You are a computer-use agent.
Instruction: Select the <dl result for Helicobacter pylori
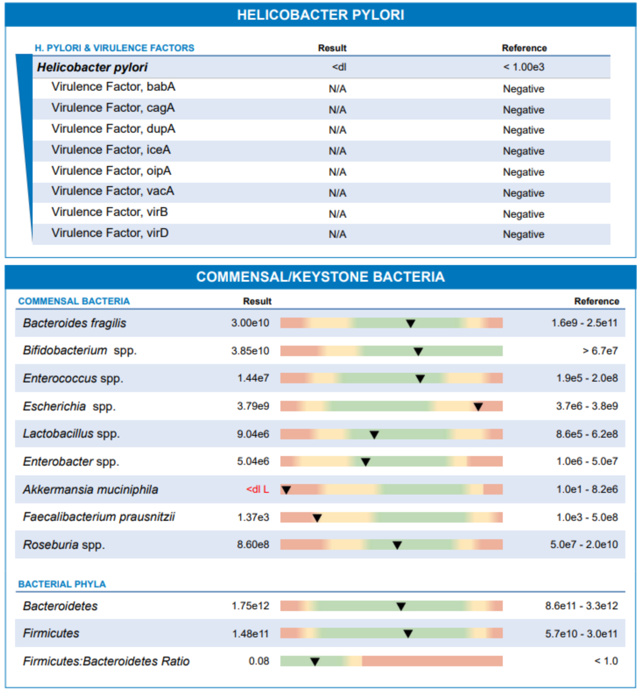[x=339, y=67]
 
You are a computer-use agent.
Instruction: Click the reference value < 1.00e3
[x=524, y=67]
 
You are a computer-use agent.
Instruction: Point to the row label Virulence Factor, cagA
[x=113, y=108]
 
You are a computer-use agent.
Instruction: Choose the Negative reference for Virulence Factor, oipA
[x=524, y=172]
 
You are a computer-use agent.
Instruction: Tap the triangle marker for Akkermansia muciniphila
[x=286, y=490]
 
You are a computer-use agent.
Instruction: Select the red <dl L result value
[x=257, y=489]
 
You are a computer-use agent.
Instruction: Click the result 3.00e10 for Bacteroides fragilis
[x=250, y=323]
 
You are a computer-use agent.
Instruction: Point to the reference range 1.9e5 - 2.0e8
[x=587, y=378]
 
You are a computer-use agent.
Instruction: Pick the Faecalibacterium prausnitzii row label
[x=99, y=517]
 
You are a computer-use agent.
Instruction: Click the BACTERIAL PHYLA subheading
[x=62, y=584]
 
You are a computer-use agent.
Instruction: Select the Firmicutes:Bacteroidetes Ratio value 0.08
[x=259, y=661]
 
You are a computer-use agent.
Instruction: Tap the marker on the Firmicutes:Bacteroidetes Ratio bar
[x=315, y=661]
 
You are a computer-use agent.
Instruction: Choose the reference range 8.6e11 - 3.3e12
[x=582, y=606]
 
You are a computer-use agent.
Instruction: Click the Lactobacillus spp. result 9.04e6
[x=253, y=434]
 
